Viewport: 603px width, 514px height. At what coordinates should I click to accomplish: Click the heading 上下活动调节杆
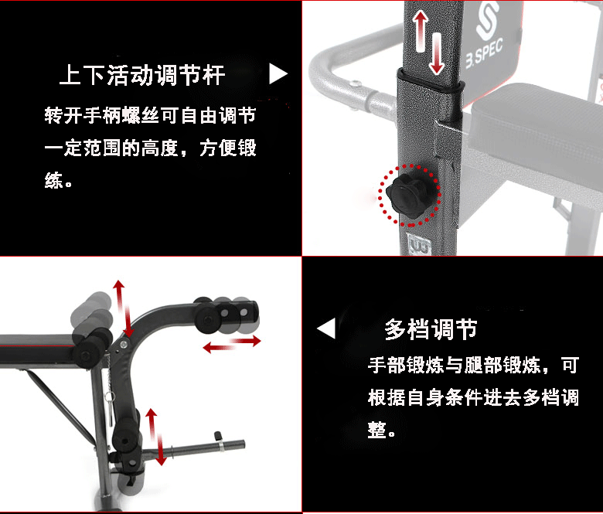[x=142, y=76]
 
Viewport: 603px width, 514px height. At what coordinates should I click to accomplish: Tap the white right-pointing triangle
[x=278, y=74]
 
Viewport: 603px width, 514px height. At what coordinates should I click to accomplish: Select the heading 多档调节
[x=431, y=330]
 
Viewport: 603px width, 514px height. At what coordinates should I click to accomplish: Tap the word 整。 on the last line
[x=382, y=430]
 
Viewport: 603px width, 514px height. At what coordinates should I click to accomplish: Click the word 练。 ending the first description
[x=59, y=182]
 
